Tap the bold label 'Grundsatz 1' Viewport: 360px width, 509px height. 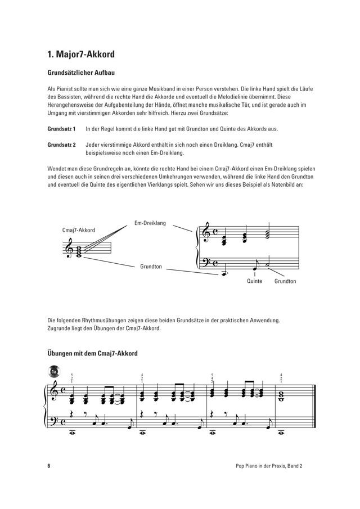pos(61,129)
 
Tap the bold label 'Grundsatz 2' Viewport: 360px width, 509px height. pos(61,145)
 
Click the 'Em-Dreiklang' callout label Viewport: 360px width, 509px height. pos(150,223)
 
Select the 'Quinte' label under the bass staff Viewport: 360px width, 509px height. pos(255,281)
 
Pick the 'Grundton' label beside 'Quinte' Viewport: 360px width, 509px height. pos(285,281)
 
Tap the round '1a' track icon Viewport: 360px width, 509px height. pos(55,372)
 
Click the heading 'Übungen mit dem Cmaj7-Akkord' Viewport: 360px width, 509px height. pos(93,353)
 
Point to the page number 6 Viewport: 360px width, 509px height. pos(49,466)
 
